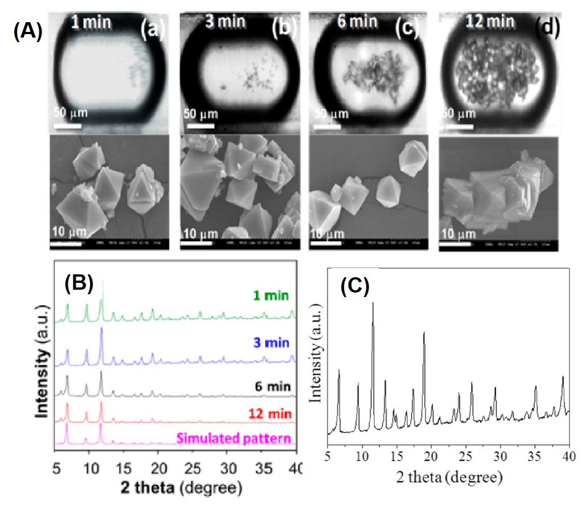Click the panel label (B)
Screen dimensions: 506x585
79,283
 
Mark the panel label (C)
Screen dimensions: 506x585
354,287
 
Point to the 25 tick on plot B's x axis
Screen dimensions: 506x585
194,468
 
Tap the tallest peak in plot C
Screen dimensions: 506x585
373,304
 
